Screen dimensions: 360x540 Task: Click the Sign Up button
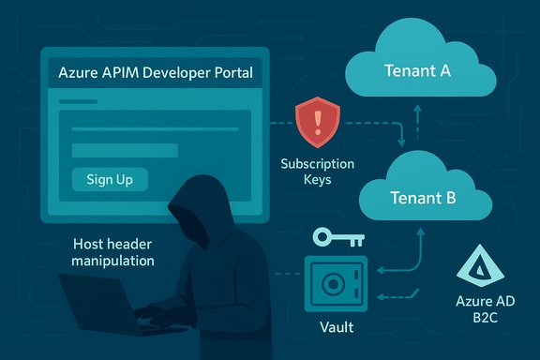pyautogui.click(x=109, y=179)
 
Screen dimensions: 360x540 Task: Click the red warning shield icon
pyautogui.click(x=318, y=121)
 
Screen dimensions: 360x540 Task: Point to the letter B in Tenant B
pyautogui.click(x=450, y=198)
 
